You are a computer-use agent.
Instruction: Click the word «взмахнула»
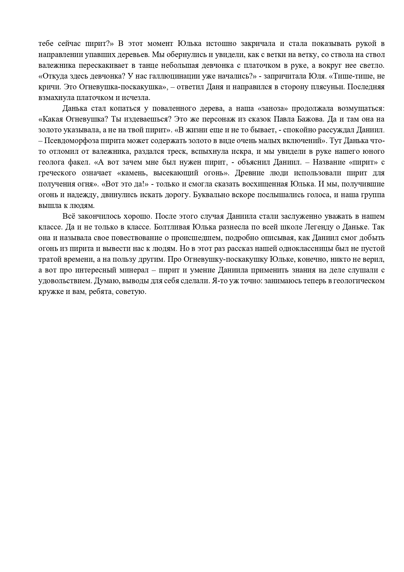click(55, 98)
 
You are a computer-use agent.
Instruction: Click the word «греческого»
click(57, 173)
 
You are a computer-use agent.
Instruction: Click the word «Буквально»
click(209, 195)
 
